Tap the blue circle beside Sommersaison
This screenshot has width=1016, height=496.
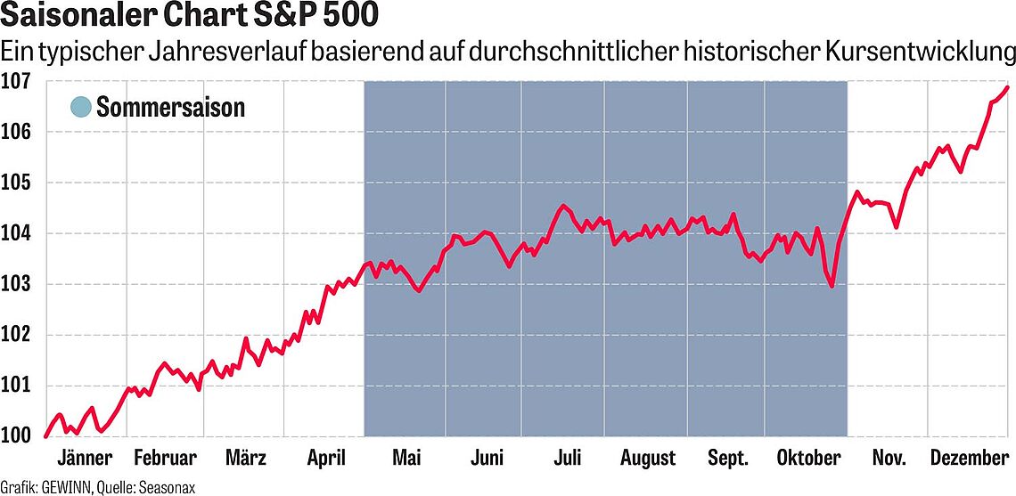(x=80, y=107)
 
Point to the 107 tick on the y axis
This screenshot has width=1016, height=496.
(x=17, y=82)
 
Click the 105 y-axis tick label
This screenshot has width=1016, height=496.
(x=17, y=183)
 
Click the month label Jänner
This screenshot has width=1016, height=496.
(x=84, y=459)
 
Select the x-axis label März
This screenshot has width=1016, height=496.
(x=245, y=459)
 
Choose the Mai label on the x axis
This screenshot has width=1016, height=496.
(x=406, y=459)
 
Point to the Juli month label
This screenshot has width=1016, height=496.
(x=568, y=459)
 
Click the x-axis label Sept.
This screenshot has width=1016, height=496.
(x=728, y=459)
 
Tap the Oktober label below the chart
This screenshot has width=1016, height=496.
(x=809, y=459)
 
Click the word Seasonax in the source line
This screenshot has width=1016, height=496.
(x=165, y=487)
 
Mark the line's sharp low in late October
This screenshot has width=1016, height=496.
(x=832, y=286)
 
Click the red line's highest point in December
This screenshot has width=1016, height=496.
(x=1008, y=87)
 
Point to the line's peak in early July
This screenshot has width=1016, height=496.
(x=563, y=206)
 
